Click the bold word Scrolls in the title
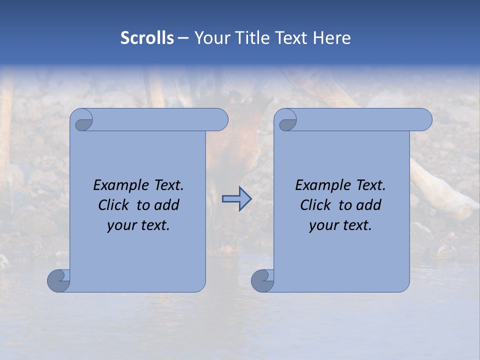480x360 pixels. (x=147, y=38)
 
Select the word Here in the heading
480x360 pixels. (x=331, y=38)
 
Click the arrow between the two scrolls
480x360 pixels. (x=236, y=199)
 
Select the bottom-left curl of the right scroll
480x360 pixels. (x=261, y=281)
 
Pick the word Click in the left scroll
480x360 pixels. (x=115, y=205)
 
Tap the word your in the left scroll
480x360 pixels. (x=120, y=225)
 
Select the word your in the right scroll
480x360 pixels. (x=322, y=225)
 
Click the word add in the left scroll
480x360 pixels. (x=167, y=205)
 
